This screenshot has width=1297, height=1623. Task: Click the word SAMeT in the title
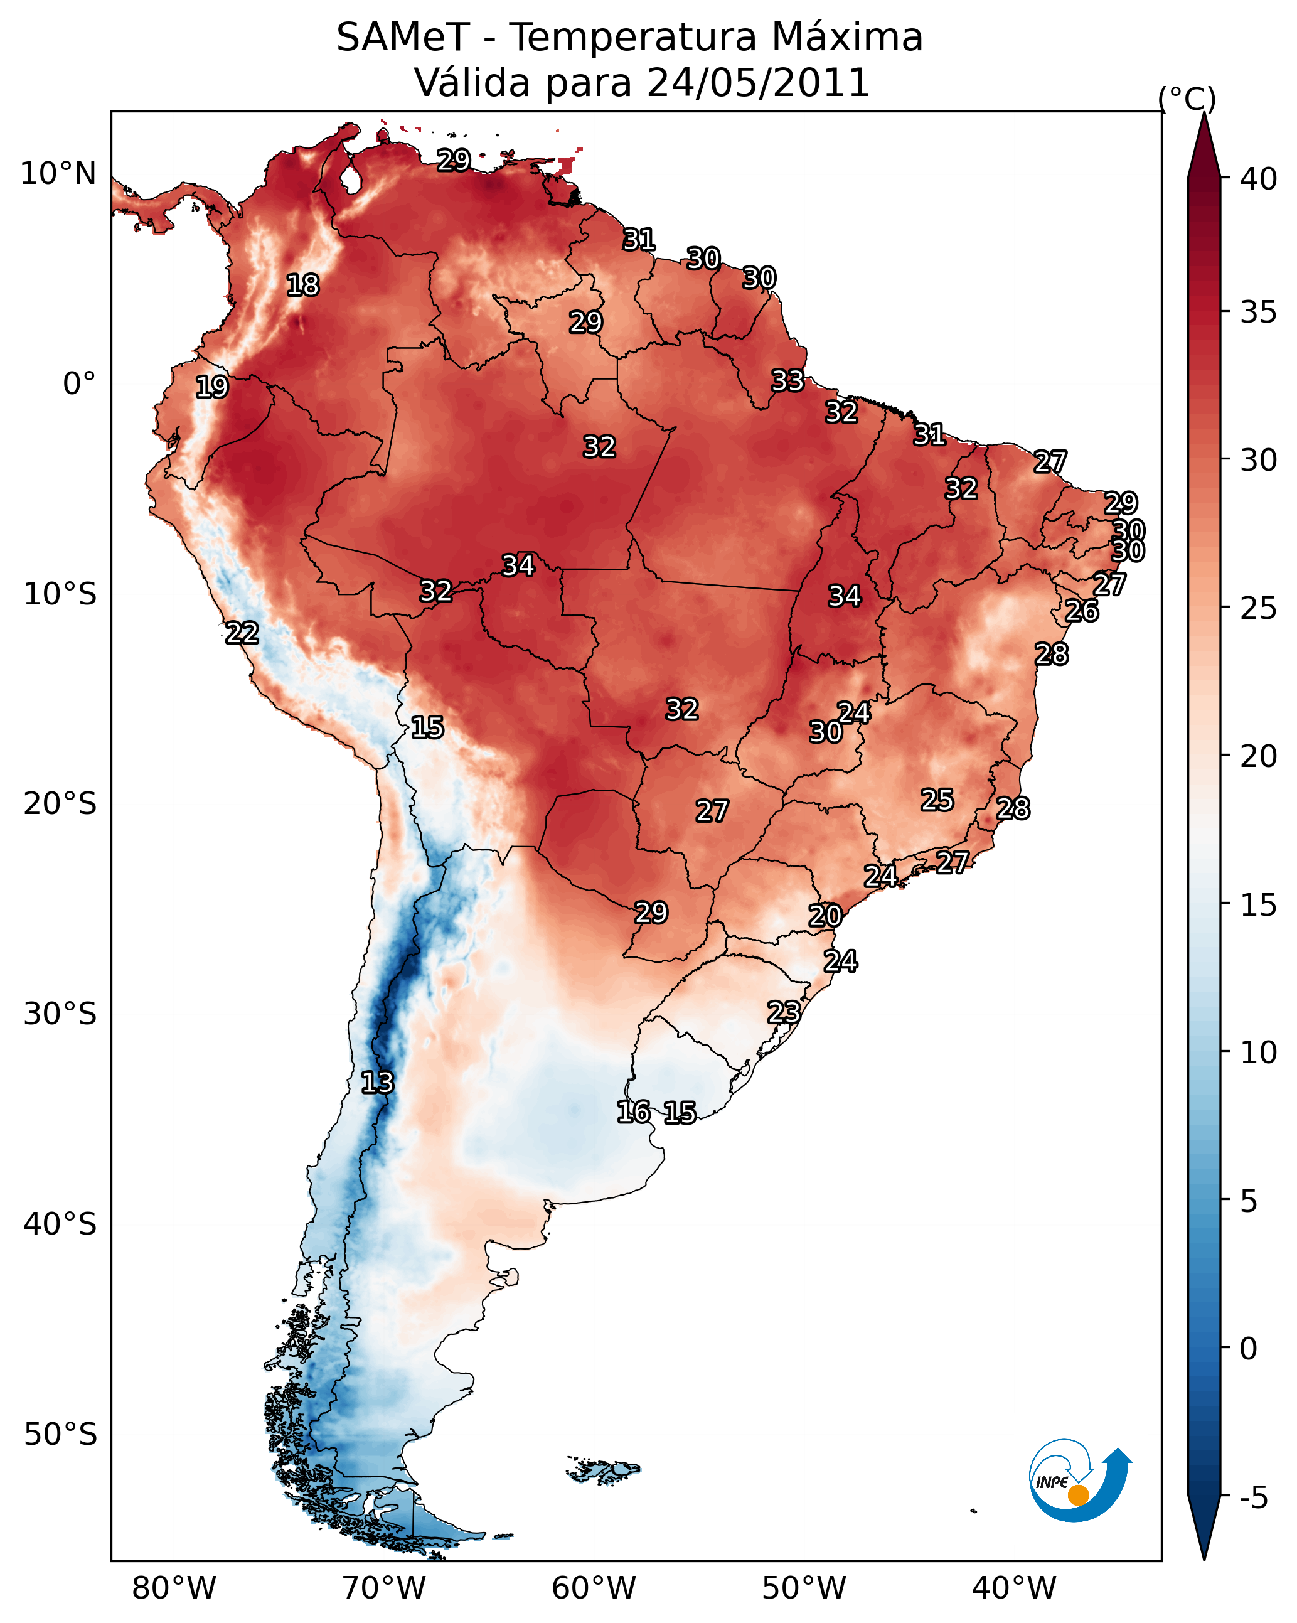pyautogui.click(x=403, y=38)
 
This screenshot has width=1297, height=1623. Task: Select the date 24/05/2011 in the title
pyautogui.click(x=758, y=83)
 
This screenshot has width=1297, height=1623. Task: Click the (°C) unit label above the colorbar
pyautogui.click(x=1187, y=99)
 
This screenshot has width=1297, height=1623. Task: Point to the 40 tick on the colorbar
pyautogui.click(x=1259, y=179)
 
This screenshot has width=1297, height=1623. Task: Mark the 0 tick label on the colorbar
pyautogui.click(x=1248, y=1349)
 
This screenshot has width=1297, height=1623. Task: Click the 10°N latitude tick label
pyautogui.click(x=58, y=174)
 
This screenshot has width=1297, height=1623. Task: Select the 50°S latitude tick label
pyautogui.click(x=60, y=1435)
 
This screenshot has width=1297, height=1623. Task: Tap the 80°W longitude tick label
pyautogui.click(x=174, y=1588)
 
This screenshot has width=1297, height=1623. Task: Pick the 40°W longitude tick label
pyautogui.click(x=1014, y=1588)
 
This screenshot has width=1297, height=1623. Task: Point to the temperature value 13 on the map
pyautogui.click(x=377, y=1083)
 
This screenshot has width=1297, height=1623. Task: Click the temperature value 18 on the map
pyautogui.click(x=302, y=286)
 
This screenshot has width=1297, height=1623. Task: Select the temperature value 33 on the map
pyautogui.click(x=787, y=381)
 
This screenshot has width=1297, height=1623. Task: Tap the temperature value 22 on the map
pyautogui.click(x=242, y=633)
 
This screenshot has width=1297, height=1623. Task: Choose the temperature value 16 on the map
pyautogui.click(x=633, y=1112)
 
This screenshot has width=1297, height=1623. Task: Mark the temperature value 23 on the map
pyautogui.click(x=784, y=1012)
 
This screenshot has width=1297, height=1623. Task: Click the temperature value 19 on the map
pyautogui.click(x=211, y=387)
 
